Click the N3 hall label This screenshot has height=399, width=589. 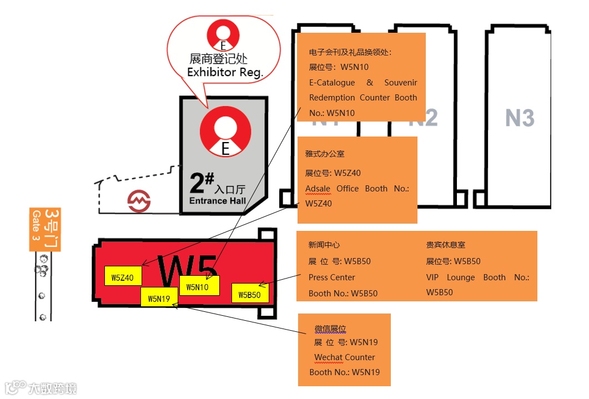click(x=520, y=118)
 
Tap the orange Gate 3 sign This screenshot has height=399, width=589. click(x=45, y=230)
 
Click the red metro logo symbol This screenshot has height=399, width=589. click(x=139, y=201)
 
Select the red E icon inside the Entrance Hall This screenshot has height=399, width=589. click(x=225, y=131)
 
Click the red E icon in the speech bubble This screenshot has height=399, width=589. click(x=223, y=35)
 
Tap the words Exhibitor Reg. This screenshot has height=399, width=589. click(x=225, y=72)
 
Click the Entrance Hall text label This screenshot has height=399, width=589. click(x=218, y=201)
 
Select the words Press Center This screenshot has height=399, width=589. click(x=331, y=277)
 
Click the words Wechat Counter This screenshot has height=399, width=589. click(x=344, y=357)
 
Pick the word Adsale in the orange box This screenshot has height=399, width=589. click(x=318, y=189)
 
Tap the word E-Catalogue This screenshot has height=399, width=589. click(x=332, y=83)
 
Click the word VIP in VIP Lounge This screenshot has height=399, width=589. click(x=432, y=277)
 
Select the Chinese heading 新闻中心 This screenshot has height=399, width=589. click(x=324, y=245)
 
